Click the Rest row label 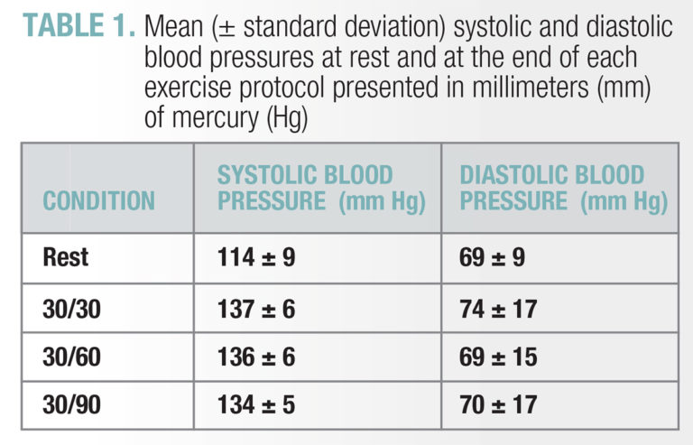point(66,258)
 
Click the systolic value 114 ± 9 point(256,258)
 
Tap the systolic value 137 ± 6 point(256,310)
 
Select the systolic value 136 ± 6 point(256,357)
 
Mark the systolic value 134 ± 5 point(256,405)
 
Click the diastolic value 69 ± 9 point(493,258)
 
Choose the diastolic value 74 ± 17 point(498,310)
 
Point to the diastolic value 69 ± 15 point(498,357)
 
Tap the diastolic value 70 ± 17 point(498,405)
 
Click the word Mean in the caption point(176,27)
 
